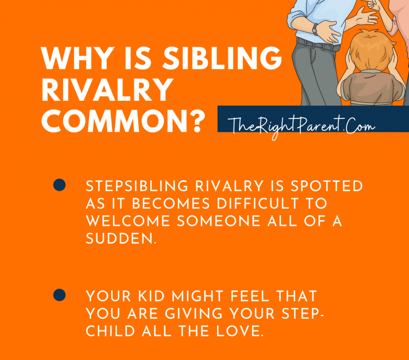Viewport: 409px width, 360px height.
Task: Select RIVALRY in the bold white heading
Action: (107, 91)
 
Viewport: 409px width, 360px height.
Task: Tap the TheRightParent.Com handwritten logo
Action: (301, 125)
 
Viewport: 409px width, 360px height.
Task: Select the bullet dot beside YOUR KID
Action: (59, 295)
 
